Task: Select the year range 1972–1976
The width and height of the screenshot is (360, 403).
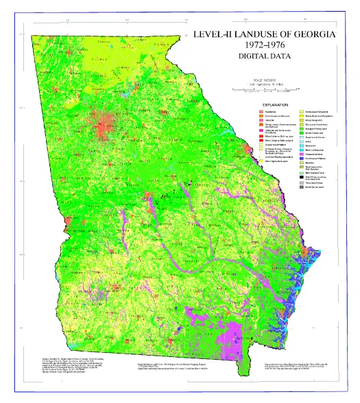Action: click(268, 45)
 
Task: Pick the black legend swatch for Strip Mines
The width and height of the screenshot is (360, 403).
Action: click(301, 176)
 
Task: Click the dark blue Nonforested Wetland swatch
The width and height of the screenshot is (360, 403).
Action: click(301, 159)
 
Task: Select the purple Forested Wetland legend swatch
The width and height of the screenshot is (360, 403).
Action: click(301, 154)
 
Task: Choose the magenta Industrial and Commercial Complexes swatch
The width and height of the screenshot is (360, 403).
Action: click(261, 131)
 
